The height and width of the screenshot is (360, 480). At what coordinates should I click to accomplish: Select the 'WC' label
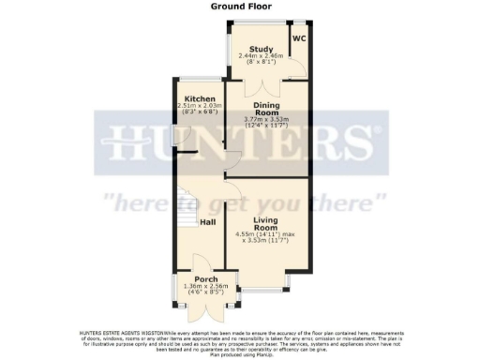pos(299,38)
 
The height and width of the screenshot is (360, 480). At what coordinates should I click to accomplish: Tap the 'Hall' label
pos(208,222)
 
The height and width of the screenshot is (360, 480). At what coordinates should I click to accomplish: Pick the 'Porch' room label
pos(205,280)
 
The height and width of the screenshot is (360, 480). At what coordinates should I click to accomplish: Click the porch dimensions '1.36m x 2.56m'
pos(205,288)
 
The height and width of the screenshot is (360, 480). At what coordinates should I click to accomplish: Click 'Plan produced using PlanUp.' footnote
pos(241,354)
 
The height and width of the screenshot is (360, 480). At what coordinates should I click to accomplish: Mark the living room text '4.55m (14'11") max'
pos(268,233)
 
